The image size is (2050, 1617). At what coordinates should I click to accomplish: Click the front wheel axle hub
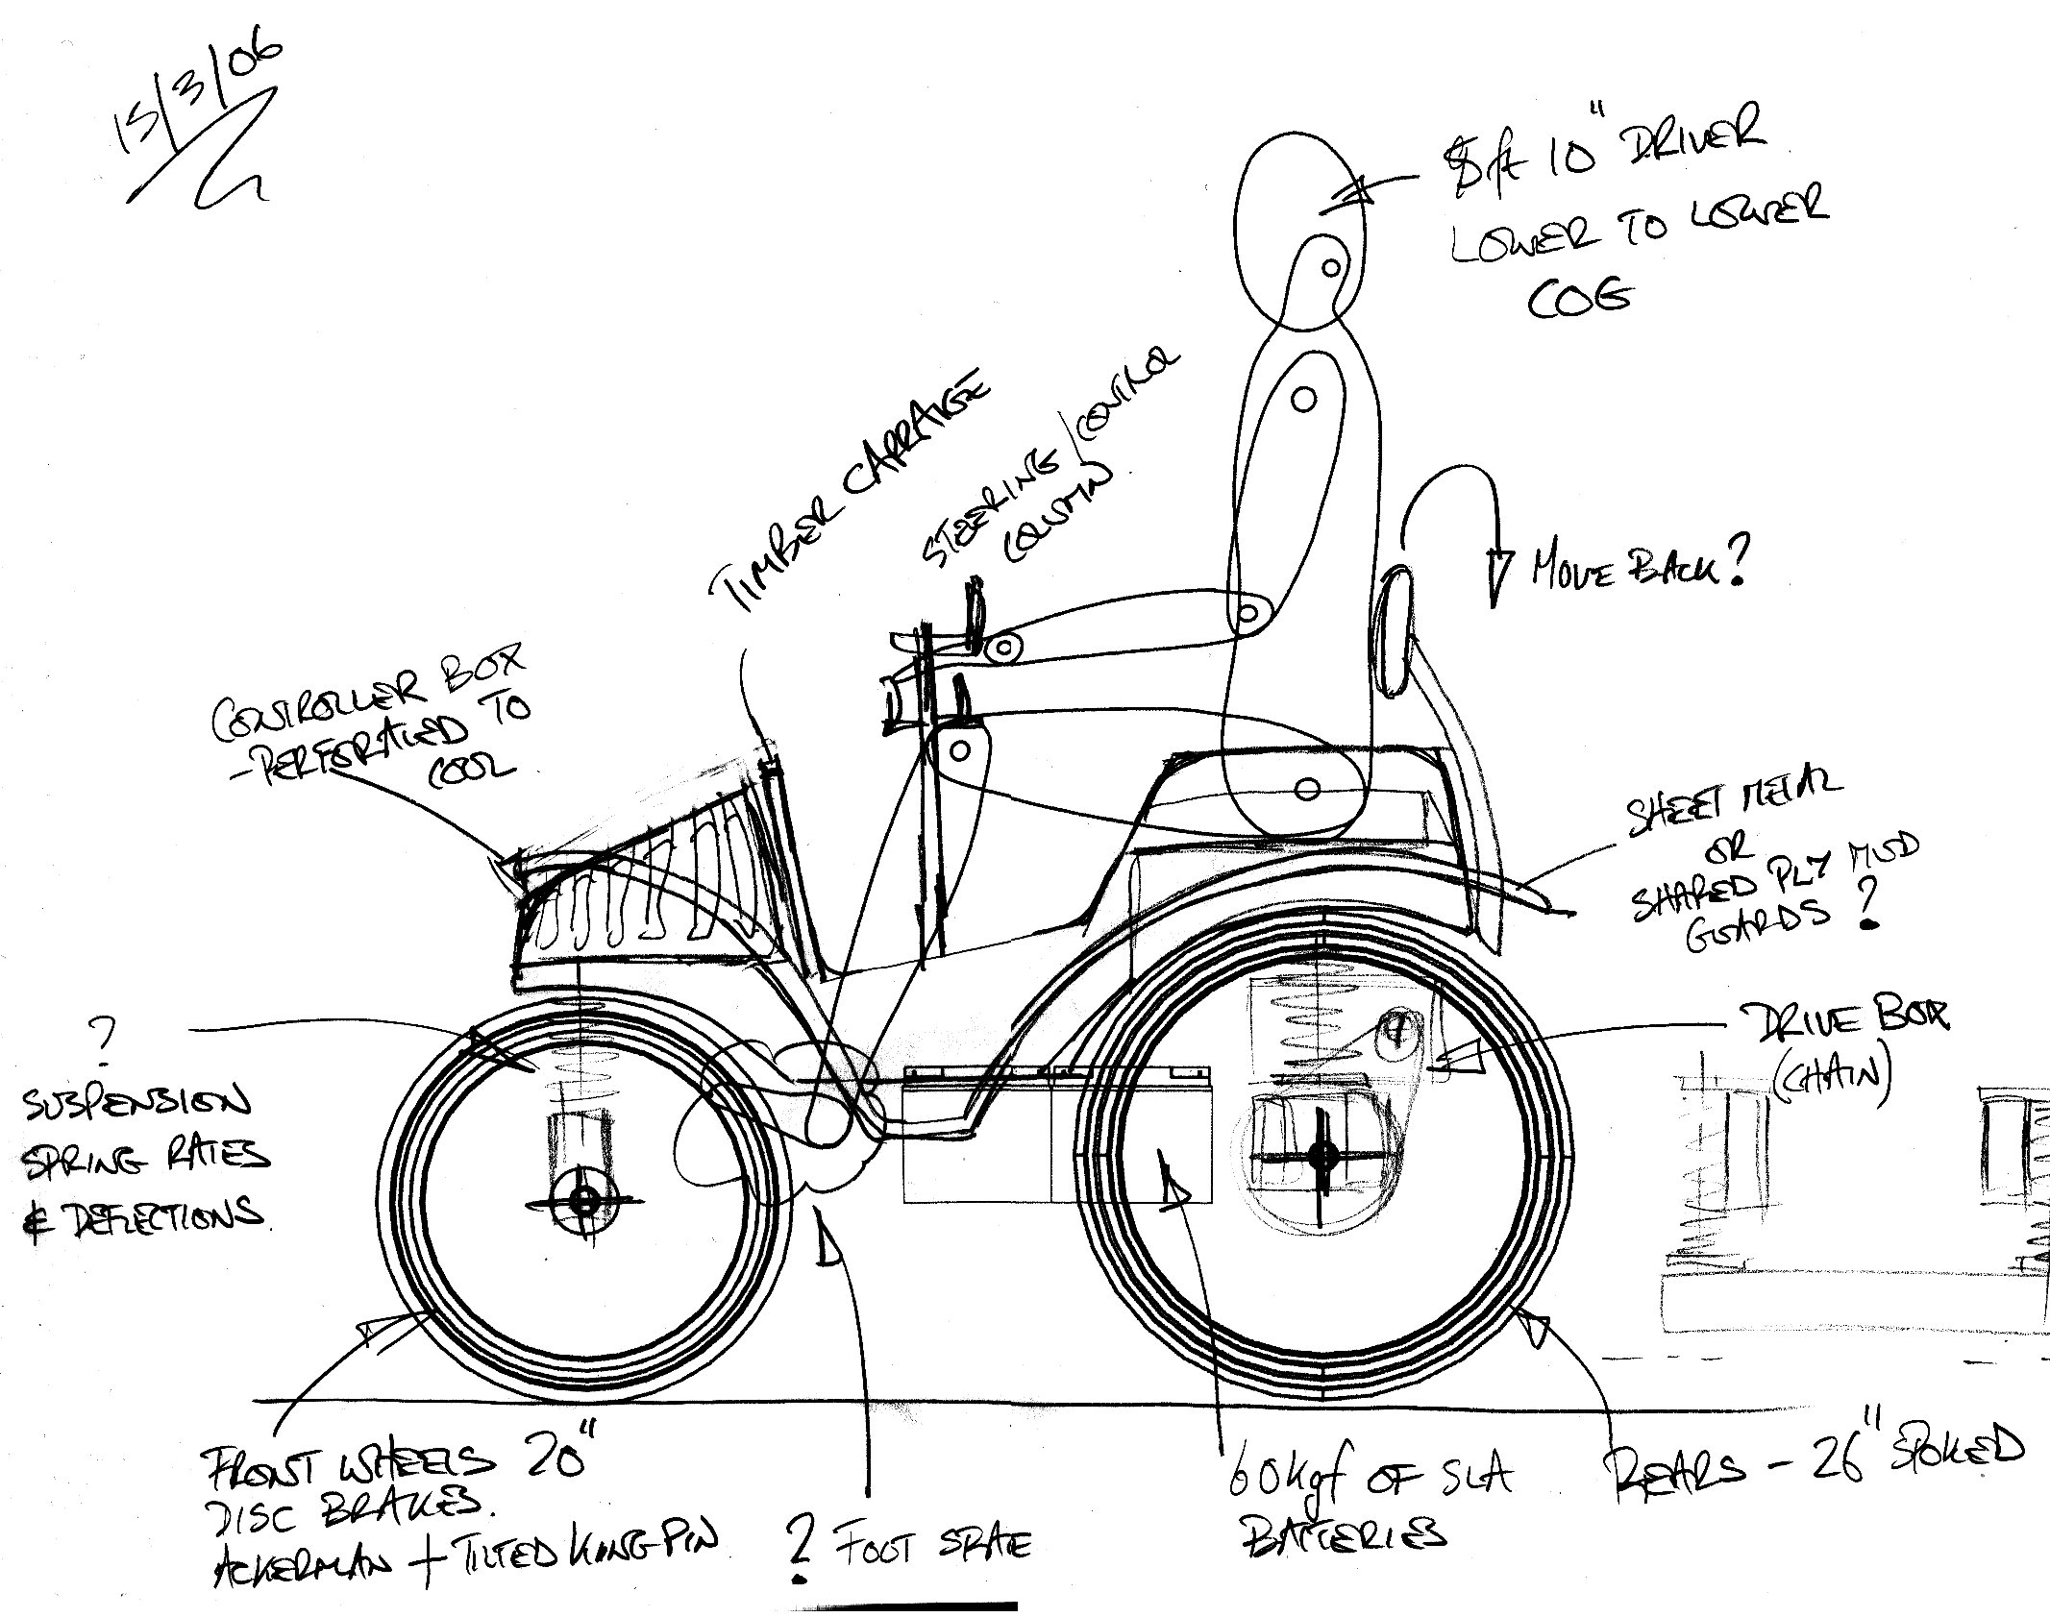pos(582,1199)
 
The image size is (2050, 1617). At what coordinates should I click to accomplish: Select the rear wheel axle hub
pos(1323,1156)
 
